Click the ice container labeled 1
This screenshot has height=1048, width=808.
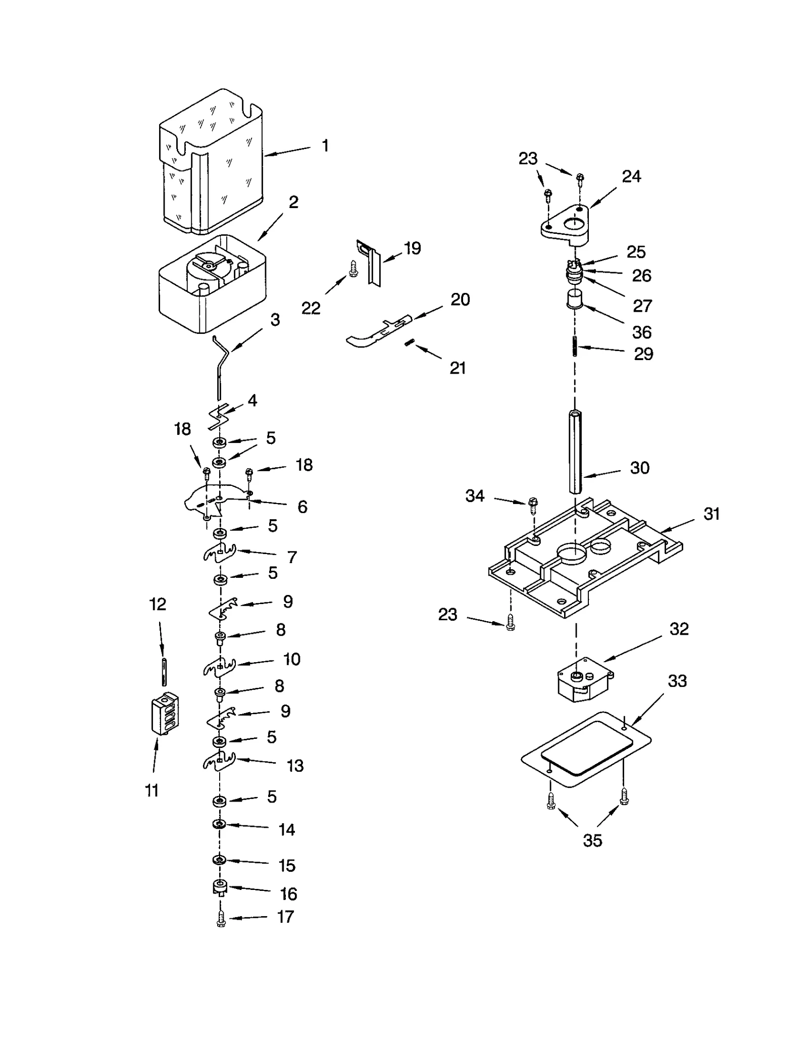[x=212, y=167]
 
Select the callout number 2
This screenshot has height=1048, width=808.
[x=293, y=203]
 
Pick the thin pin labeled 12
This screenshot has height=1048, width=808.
[x=164, y=672]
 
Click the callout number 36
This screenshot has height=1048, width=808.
[x=641, y=332]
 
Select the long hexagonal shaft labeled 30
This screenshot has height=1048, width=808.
[x=576, y=452]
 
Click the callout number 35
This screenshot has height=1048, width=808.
[x=592, y=840]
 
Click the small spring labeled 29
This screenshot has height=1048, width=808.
[x=575, y=346]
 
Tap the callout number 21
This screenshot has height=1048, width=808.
[x=458, y=368]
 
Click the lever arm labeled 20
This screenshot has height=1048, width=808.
[x=379, y=331]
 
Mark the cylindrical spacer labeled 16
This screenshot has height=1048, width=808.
[x=220, y=887]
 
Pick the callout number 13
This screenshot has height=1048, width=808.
[x=295, y=766]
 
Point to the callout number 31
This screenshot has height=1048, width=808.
[x=711, y=514]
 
